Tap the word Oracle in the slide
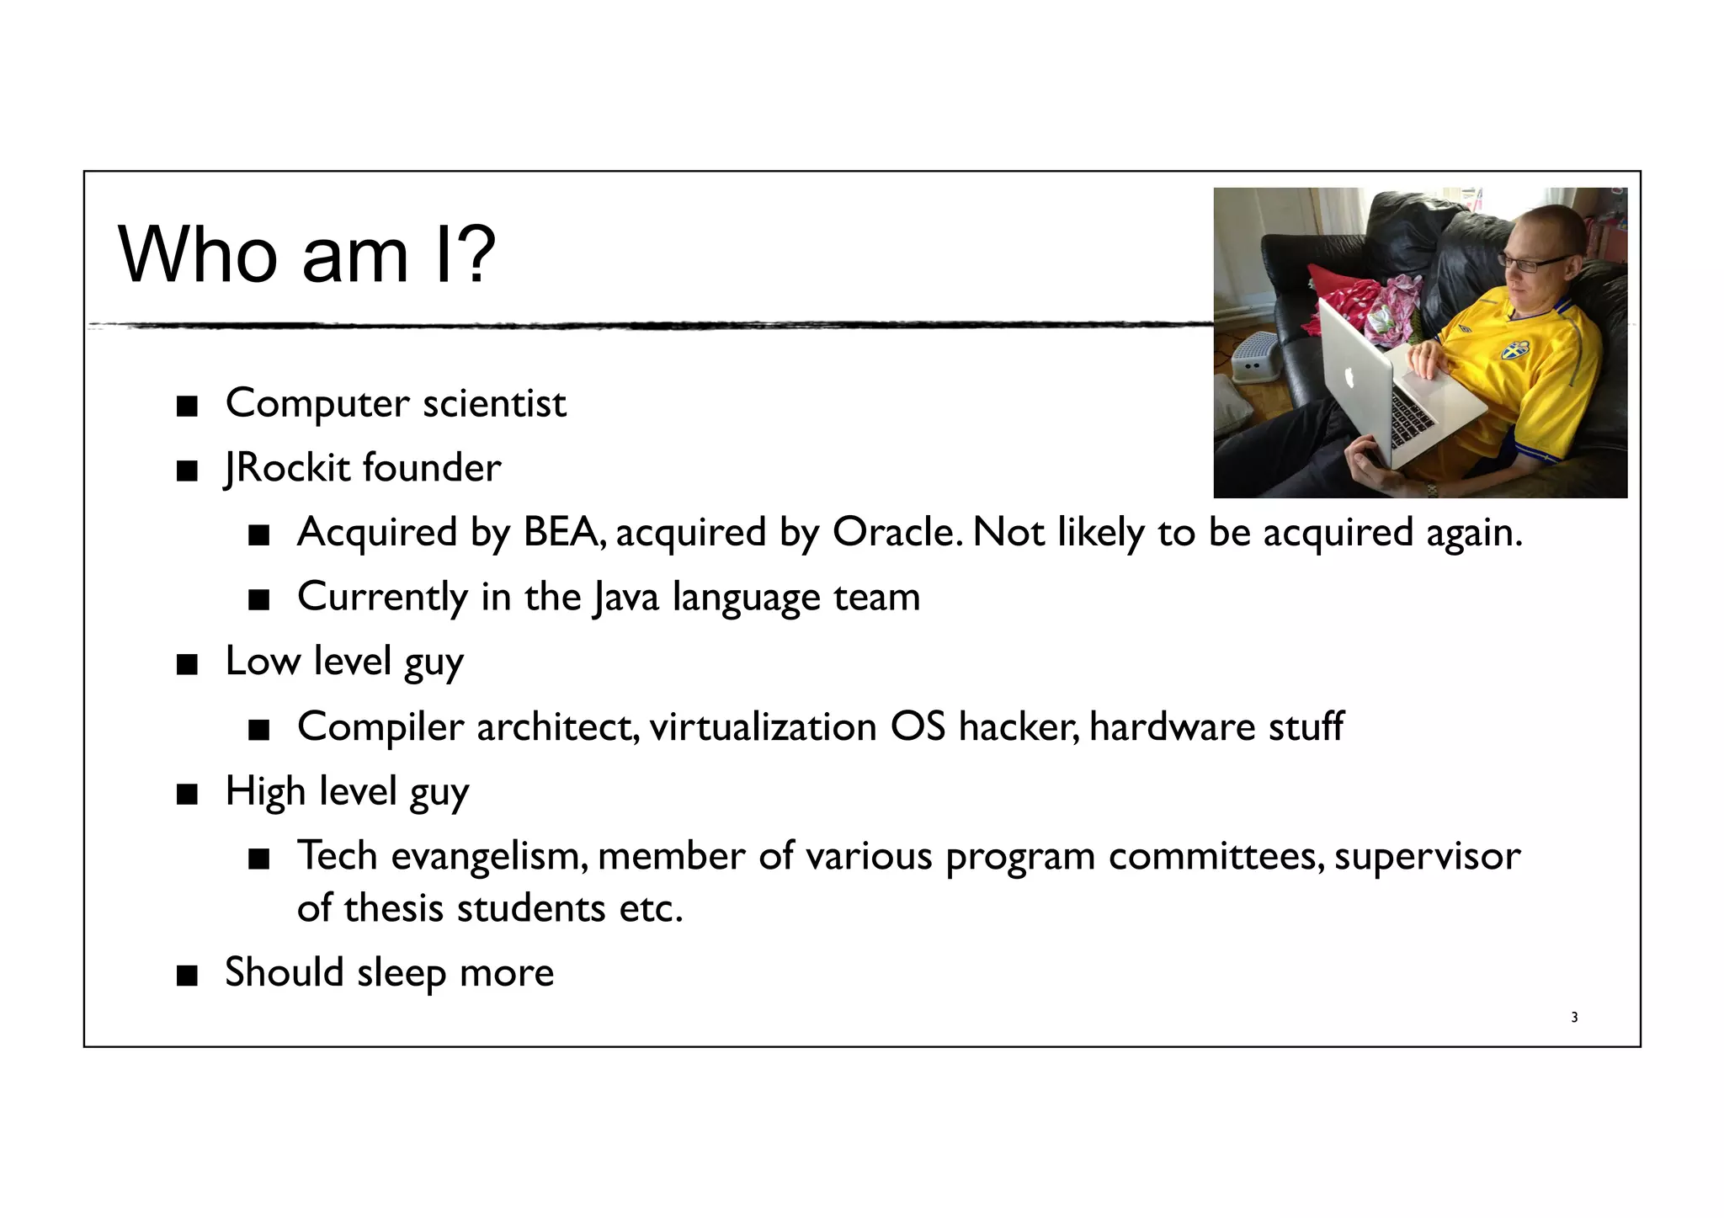tap(896, 532)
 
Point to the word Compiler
tap(380, 726)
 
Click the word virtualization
tap(763, 726)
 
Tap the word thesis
tap(393, 908)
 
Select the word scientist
tap(494, 403)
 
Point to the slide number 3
tap(1574, 1018)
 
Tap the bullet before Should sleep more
tap(187, 976)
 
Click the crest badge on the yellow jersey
tap(1514, 348)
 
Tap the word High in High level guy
tap(265, 791)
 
